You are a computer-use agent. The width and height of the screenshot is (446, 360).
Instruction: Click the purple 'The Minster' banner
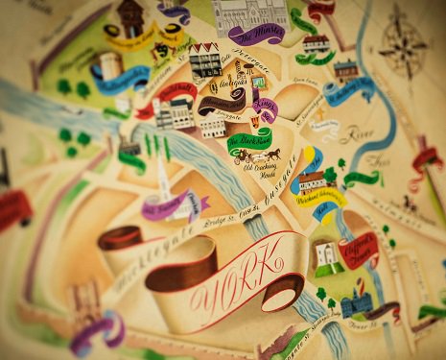(x=256, y=36)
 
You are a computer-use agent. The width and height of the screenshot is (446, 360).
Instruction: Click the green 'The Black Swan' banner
(x=248, y=140)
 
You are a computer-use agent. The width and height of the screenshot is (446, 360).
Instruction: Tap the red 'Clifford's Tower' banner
(x=360, y=251)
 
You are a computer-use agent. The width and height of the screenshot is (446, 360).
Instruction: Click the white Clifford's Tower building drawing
(x=326, y=254)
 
